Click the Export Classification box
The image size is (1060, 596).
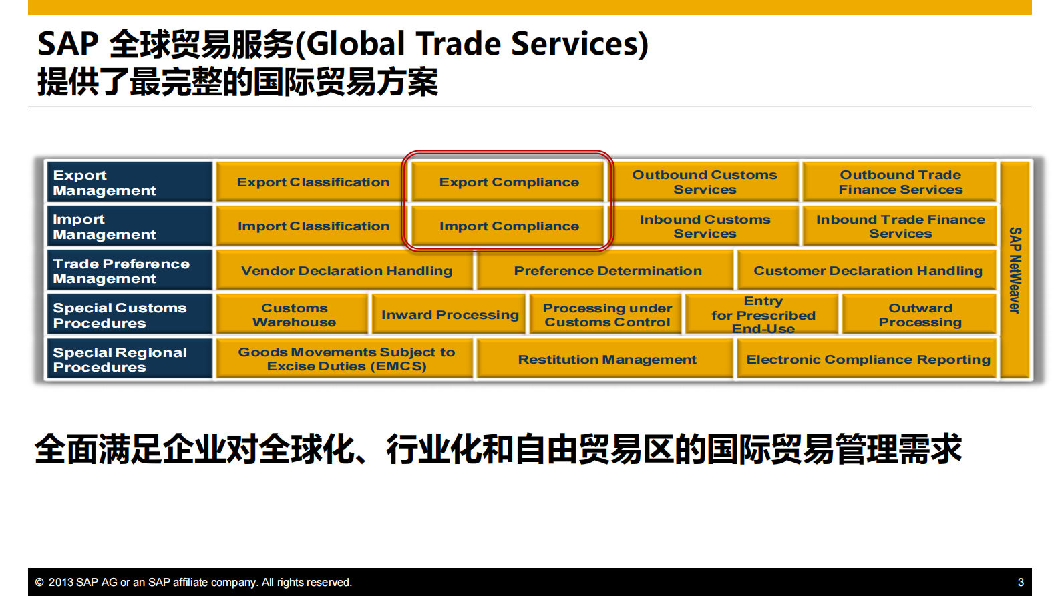point(313,182)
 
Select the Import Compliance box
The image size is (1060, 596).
point(508,226)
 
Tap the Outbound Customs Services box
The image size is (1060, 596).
point(705,182)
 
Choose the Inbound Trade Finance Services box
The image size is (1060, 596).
point(900,226)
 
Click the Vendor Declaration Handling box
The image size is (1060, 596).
point(346,270)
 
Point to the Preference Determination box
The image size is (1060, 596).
point(607,270)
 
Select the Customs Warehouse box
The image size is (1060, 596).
point(294,315)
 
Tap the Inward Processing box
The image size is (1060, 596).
point(450,315)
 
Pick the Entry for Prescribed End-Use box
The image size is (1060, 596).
point(763,315)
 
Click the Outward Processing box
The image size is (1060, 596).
point(920,315)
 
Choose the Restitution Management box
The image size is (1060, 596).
point(606,360)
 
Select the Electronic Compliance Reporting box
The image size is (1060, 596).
point(868,360)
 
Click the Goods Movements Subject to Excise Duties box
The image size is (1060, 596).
point(346,359)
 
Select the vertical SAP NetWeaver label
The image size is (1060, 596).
point(1015,270)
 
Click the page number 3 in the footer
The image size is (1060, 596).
point(1020,583)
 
